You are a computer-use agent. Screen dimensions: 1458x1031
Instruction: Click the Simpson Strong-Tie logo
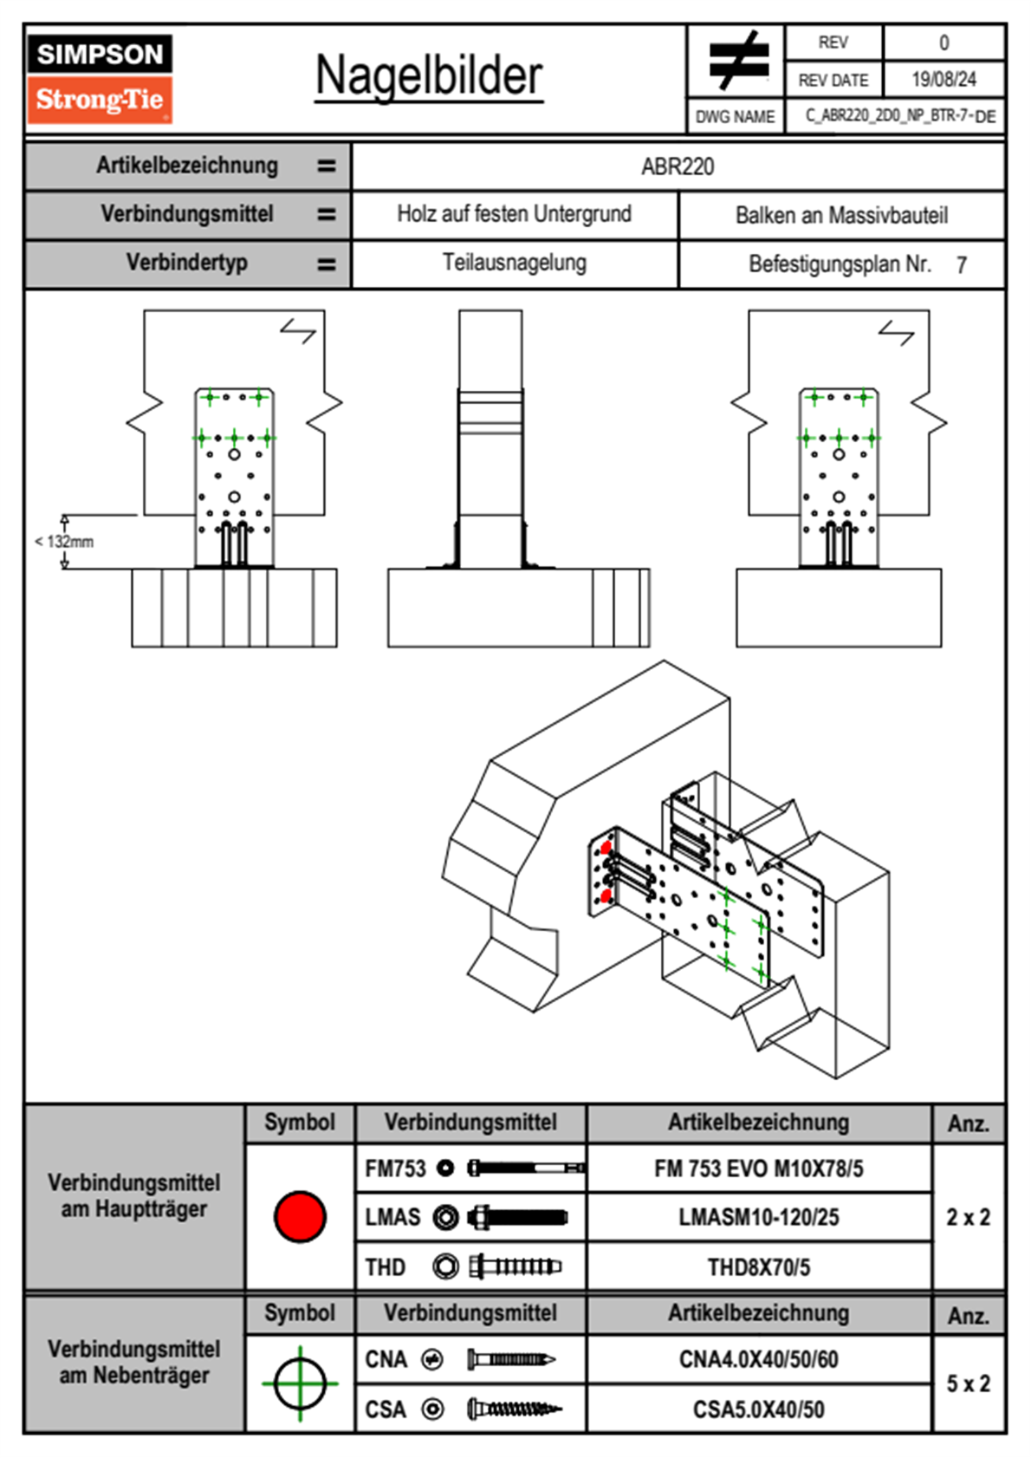pos(99,79)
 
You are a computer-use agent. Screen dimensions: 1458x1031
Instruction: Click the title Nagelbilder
pos(429,76)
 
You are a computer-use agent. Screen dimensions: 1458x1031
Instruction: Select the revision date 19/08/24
pos(943,80)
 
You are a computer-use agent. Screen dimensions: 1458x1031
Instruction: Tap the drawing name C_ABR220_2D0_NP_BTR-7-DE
pos(900,116)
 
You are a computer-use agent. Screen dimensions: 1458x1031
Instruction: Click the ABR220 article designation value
pos(678,166)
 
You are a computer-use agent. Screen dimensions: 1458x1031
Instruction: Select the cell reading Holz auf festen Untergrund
pos(514,214)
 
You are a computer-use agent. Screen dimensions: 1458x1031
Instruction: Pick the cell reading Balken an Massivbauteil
pos(841,215)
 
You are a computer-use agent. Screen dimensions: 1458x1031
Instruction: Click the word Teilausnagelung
pos(514,263)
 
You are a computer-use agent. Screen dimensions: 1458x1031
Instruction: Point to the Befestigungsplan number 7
pos(961,265)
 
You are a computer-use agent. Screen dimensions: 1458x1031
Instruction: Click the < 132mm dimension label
pos(64,542)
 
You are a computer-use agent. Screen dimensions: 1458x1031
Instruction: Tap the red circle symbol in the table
pos(300,1216)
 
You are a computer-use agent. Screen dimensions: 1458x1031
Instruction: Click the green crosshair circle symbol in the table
pos(300,1383)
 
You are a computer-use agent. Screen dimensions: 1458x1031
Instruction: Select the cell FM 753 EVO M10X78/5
pos(758,1169)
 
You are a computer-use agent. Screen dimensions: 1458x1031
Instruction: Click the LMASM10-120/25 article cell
pos(758,1218)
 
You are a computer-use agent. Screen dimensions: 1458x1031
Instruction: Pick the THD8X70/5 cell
pos(758,1267)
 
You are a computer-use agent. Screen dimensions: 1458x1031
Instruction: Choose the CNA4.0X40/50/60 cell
pos(758,1359)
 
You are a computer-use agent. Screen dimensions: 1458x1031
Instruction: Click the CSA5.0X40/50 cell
pos(758,1409)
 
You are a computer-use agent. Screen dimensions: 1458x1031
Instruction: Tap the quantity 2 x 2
pos(968,1217)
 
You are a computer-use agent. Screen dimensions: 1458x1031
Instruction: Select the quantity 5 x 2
pos(968,1383)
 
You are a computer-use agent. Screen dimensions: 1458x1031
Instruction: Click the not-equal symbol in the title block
pos(738,61)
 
